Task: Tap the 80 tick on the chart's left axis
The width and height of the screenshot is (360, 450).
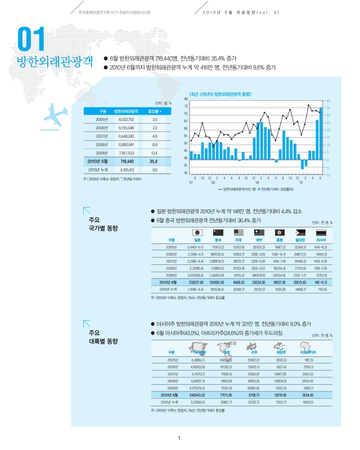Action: [186, 99]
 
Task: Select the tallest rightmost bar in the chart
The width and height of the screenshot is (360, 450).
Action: [321, 133]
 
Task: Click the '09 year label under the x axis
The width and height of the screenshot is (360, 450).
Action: [256, 183]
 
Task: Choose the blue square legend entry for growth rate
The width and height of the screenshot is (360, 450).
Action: [259, 189]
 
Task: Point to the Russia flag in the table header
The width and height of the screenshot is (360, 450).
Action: [321, 232]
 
